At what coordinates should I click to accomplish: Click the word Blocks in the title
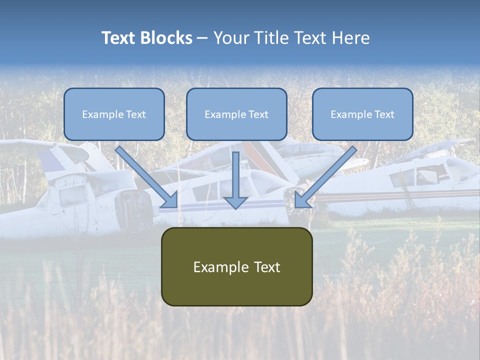coord(166,38)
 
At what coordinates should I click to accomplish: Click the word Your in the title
coord(230,38)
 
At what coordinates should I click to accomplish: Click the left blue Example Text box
coord(114,114)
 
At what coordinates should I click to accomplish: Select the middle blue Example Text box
coord(236,114)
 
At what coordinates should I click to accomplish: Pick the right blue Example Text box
coord(362,114)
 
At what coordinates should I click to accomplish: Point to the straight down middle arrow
coord(235,177)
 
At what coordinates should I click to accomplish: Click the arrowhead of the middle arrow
coord(235,201)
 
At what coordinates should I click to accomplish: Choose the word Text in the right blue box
coord(384,114)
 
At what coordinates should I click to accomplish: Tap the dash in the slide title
coord(202,38)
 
